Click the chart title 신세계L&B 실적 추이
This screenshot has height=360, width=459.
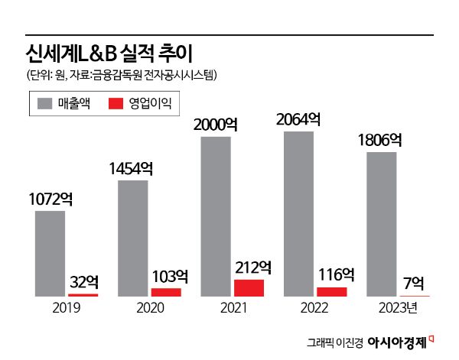coord(106,54)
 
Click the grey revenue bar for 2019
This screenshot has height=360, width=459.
coord(50,253)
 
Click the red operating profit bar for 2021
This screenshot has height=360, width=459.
coord(249,287)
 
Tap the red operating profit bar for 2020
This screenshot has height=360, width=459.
coord(166,292)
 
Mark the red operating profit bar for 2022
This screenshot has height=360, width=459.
coord(331,291)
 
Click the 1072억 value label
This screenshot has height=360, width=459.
coord(50,199)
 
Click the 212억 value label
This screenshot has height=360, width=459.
coord(249,268)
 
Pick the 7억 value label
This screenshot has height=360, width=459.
coord(414,284)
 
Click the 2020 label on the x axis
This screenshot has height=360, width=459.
coord(149,308)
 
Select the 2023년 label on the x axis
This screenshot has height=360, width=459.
coord(398,308)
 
